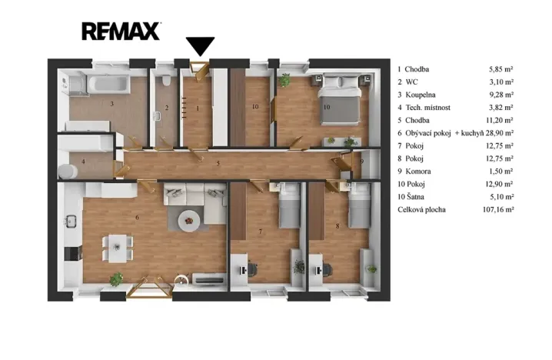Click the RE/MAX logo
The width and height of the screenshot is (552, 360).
pos(121,32)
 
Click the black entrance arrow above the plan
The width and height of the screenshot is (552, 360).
pos(201,46)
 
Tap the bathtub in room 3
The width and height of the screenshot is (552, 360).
pos(108,84)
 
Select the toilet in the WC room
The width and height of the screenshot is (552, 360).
pos(166,80)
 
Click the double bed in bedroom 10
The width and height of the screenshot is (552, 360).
pos(339,100)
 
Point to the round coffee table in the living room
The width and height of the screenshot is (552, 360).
pos(189,221)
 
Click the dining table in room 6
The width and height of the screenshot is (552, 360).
pos(117,248)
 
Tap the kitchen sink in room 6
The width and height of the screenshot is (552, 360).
pos(71,222)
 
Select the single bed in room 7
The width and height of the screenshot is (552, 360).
pos(289,205)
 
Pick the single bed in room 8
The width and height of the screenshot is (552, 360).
pos(360,205)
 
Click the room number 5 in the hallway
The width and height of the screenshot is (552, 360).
pos(218,163)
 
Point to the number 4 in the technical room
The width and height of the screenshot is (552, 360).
pos(83,162)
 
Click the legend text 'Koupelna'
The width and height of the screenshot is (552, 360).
pos(421,95)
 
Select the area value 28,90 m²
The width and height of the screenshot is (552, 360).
pos(500,133)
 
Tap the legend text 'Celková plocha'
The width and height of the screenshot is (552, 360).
pos(421,209)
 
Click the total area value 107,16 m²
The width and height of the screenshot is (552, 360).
pos(498,209)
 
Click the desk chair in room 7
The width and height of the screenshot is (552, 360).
pos(252,269)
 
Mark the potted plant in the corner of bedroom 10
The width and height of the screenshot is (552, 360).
pos(284,80)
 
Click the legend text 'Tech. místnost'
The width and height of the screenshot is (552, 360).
pos(427,108)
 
